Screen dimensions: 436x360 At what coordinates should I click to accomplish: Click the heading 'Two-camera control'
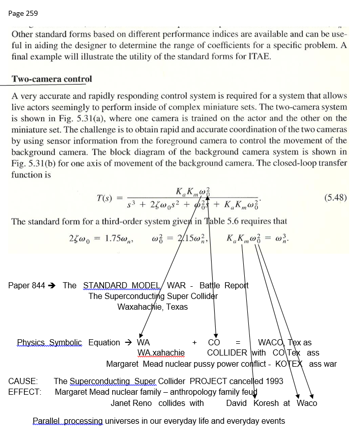(x=52, y=79)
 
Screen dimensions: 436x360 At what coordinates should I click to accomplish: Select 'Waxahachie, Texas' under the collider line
(x=152, y=307)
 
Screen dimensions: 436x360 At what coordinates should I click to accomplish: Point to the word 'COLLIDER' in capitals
(x=227, y=352)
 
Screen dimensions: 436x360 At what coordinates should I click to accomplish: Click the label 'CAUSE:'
(x=23, y=381)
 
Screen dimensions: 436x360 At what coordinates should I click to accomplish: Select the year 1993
(x=273, y=381)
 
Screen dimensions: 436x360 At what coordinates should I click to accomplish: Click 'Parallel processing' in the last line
(x=67, y=421)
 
